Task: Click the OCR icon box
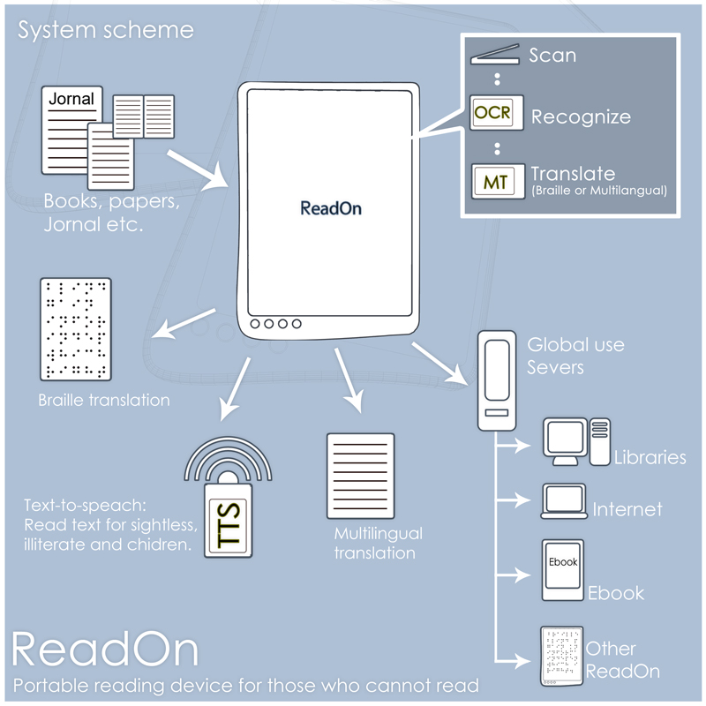(x=492, y=114)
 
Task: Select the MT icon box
(x=492, y=182)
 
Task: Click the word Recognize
(x=581, y=116)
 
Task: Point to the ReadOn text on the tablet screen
(x=331, y=209)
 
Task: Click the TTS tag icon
(x=229, y=522)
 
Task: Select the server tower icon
(x=496, y=380)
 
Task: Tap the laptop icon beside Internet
(x=564, y=502)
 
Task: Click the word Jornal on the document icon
(x=71, y=100)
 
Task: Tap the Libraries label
(x=650, y=457)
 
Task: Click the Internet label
(x=627, y=509)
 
